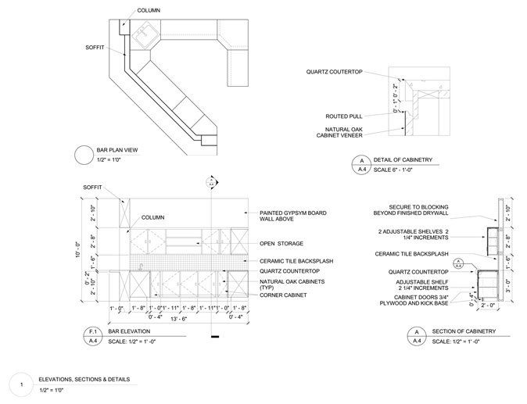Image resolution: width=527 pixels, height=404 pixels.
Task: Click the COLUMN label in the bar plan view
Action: pyautogui.click(x=149, y=10)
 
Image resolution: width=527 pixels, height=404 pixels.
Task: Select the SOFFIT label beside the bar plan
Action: pyautogui.click(x=95, y=48)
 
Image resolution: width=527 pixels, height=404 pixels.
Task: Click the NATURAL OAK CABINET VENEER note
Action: pyautogui.click(x=344, y=133)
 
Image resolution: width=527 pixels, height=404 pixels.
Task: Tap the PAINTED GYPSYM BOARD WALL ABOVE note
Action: pyautogui.click(x=293, y=216)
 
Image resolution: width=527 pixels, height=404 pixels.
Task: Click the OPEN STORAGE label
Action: pyautogui.click(x=282, y=243)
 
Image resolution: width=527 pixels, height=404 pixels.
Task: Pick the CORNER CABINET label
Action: pyautogui.click(x=284, y=295)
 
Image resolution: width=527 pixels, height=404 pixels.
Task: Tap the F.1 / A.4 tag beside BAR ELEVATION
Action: pyautogui.click(x=92, y=337)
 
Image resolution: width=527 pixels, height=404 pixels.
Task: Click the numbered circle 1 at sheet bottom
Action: pyautogui.click(x=23, y=384)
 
